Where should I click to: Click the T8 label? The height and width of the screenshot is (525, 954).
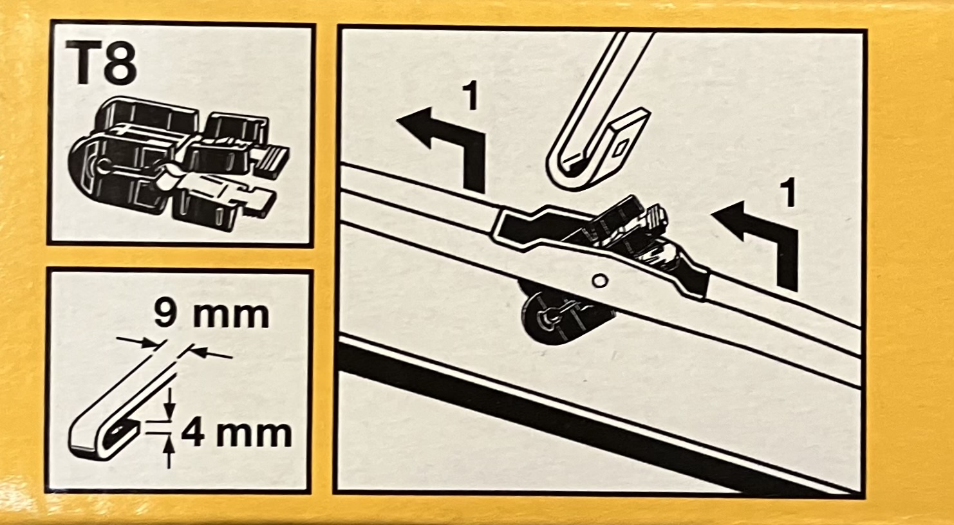tap(101, 62)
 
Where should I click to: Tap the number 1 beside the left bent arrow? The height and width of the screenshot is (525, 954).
tap(470, 97)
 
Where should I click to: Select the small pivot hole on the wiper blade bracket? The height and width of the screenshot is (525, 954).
tap(600, 281)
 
